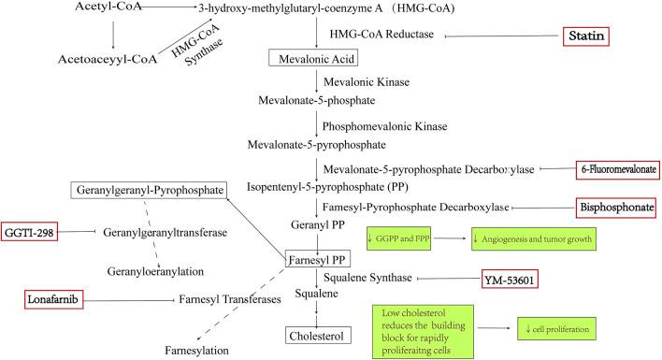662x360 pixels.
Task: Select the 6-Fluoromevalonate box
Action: coord(618,168)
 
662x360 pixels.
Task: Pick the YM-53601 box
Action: coord(510,278)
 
